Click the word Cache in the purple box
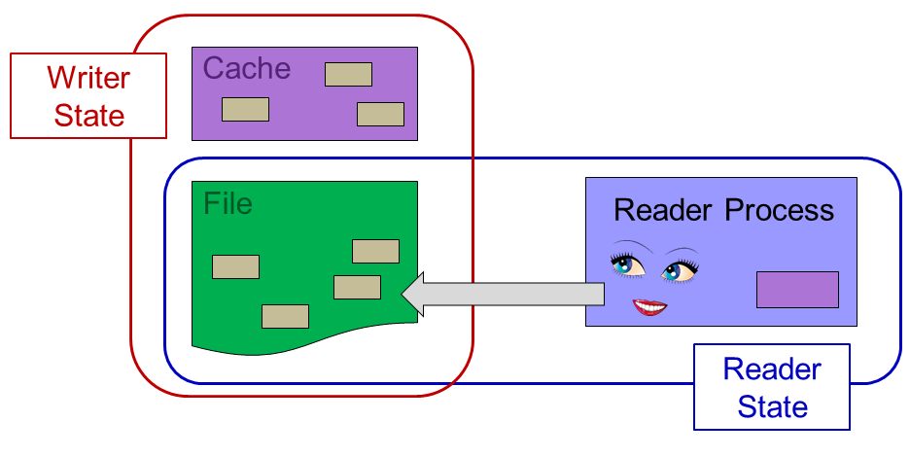[246, 69]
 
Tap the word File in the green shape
[227, 204]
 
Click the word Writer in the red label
[88, 78]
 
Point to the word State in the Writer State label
[88, 116]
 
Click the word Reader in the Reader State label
[772, 369]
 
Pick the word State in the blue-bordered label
[772, 405]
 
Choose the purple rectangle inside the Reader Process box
[797, 290]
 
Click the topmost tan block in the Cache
[348, 74]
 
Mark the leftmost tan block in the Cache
[245, 109]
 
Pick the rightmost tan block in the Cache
[380, 114]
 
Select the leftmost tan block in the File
[235, 266]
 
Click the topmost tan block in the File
[375, 251]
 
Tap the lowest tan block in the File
[285, 316]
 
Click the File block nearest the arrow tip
[357, 287]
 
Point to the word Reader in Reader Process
[665, 210]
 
